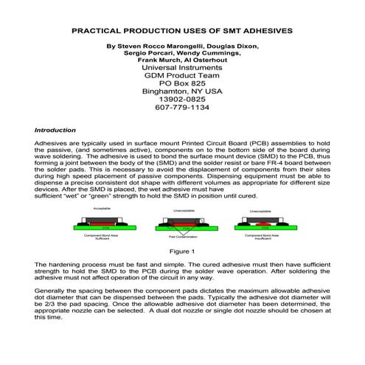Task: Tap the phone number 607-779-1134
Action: [183, 107]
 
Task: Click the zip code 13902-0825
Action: [182, 97]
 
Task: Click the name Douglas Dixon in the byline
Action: [235, 46]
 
